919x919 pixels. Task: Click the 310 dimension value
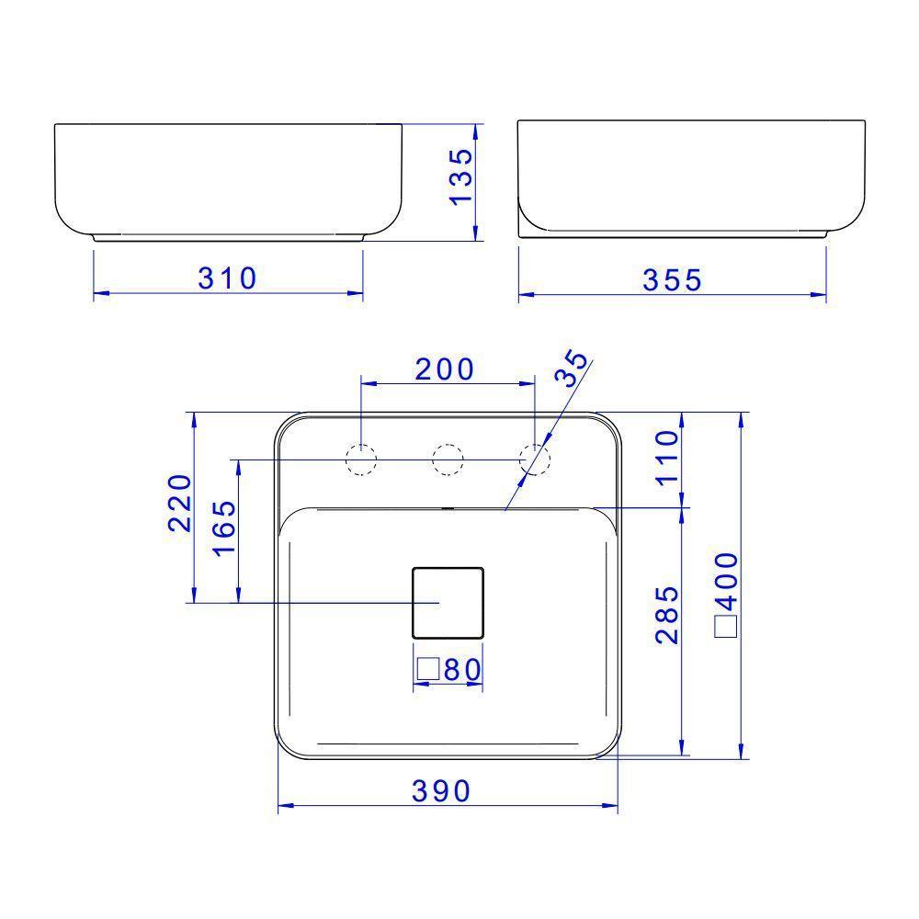point(228,277)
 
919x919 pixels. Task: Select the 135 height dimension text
point(460,176)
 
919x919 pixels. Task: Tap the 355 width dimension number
point(673,279)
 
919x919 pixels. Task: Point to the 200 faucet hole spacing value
point(445,369)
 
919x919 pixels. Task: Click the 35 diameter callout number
point(571,368)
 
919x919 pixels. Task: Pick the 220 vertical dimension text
point(179,504)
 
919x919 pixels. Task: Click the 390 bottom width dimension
point(440,789)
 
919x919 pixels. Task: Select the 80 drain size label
point(462,670)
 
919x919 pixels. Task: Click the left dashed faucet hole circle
point(361,459)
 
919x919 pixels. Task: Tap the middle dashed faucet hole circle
point(448,459)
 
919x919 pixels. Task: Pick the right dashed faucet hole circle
point(534,459)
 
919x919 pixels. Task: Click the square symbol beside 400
point(726,627)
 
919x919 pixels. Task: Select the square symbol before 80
point(427,670)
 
